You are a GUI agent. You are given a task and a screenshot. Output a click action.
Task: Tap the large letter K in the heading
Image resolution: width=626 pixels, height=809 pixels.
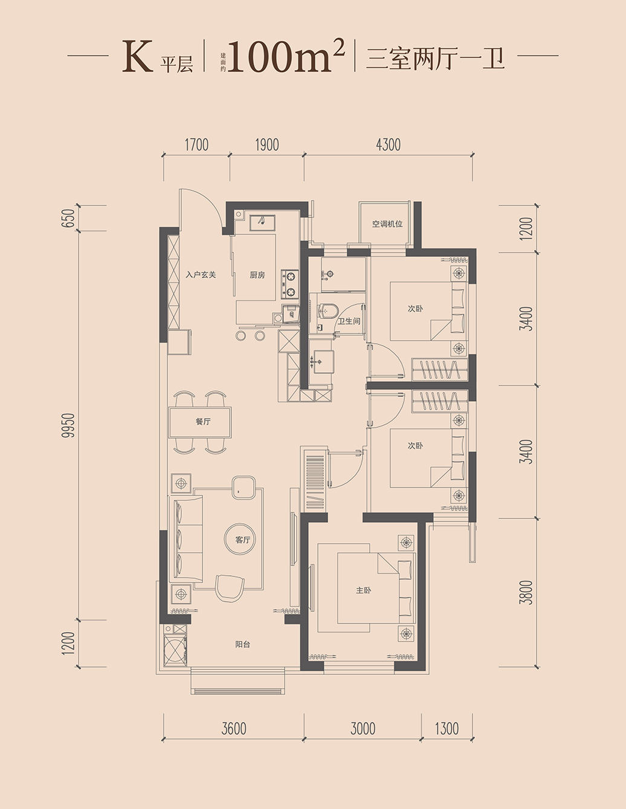(x=137, y=57)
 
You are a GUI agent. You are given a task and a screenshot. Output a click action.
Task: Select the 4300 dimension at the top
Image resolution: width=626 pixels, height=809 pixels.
(x=389, y=145)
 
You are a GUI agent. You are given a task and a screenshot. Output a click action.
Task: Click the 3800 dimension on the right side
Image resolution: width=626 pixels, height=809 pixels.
(x=528, y=592)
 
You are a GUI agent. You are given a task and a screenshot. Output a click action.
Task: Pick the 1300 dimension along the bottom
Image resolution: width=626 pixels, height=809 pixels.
(x=447, y=728)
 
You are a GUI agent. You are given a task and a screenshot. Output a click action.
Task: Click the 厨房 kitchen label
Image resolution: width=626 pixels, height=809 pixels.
(x=257, y=275)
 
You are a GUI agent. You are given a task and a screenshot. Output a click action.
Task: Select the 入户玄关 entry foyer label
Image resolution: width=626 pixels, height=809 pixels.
(x=201, y=275)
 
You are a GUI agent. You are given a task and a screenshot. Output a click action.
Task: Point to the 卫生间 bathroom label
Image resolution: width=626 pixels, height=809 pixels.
(x=349, y=321)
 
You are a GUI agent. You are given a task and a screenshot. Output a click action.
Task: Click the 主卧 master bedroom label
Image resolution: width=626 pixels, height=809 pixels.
(x=364, y=590)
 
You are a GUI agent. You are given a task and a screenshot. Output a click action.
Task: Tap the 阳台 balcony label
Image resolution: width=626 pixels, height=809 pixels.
(x=243, y=645)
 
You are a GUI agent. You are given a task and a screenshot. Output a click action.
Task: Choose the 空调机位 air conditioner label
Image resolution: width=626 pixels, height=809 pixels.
(x=387, y=224)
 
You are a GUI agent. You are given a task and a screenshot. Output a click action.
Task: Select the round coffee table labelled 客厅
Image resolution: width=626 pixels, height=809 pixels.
(x=241, y=539)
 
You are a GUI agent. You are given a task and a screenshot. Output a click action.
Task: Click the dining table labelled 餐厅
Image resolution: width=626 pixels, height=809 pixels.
(x=200, y=422)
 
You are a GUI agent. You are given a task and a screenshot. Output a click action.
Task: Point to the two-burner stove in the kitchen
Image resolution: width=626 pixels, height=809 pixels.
(x=290, y=285)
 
